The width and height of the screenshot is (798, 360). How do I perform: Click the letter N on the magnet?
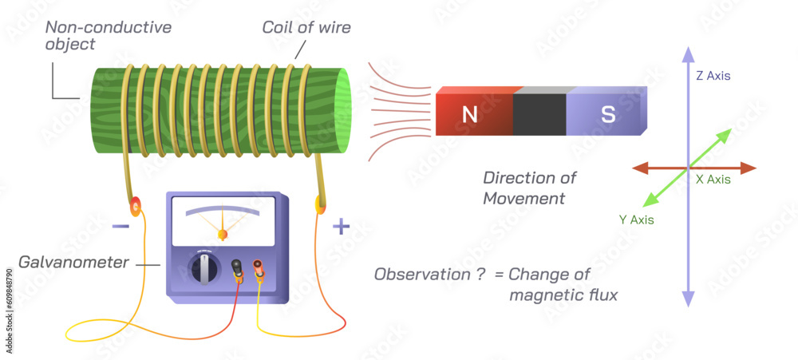(x=470, y=114)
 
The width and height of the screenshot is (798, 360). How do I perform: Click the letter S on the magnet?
(x=608, y=114)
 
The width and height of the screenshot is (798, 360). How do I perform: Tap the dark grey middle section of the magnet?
(x=539, y=115)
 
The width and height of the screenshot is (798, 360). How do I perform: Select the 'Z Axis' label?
(x=712, y=76)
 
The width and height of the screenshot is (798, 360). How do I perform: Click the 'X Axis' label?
(x=713, y=180)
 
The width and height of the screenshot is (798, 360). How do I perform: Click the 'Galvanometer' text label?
(x=73, y=261)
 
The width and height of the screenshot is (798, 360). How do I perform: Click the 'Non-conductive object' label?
(x=108, y=36)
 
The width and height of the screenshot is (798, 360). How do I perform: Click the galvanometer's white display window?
(x=223, y=221)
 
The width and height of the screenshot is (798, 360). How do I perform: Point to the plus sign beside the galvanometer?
(x=341, y=227)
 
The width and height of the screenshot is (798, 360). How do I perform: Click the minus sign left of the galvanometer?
(x=120, y=227)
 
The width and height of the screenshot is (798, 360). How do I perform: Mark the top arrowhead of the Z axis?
(x=687, y=54)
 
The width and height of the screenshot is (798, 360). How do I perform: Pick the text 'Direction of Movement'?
(x=529, y=188)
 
